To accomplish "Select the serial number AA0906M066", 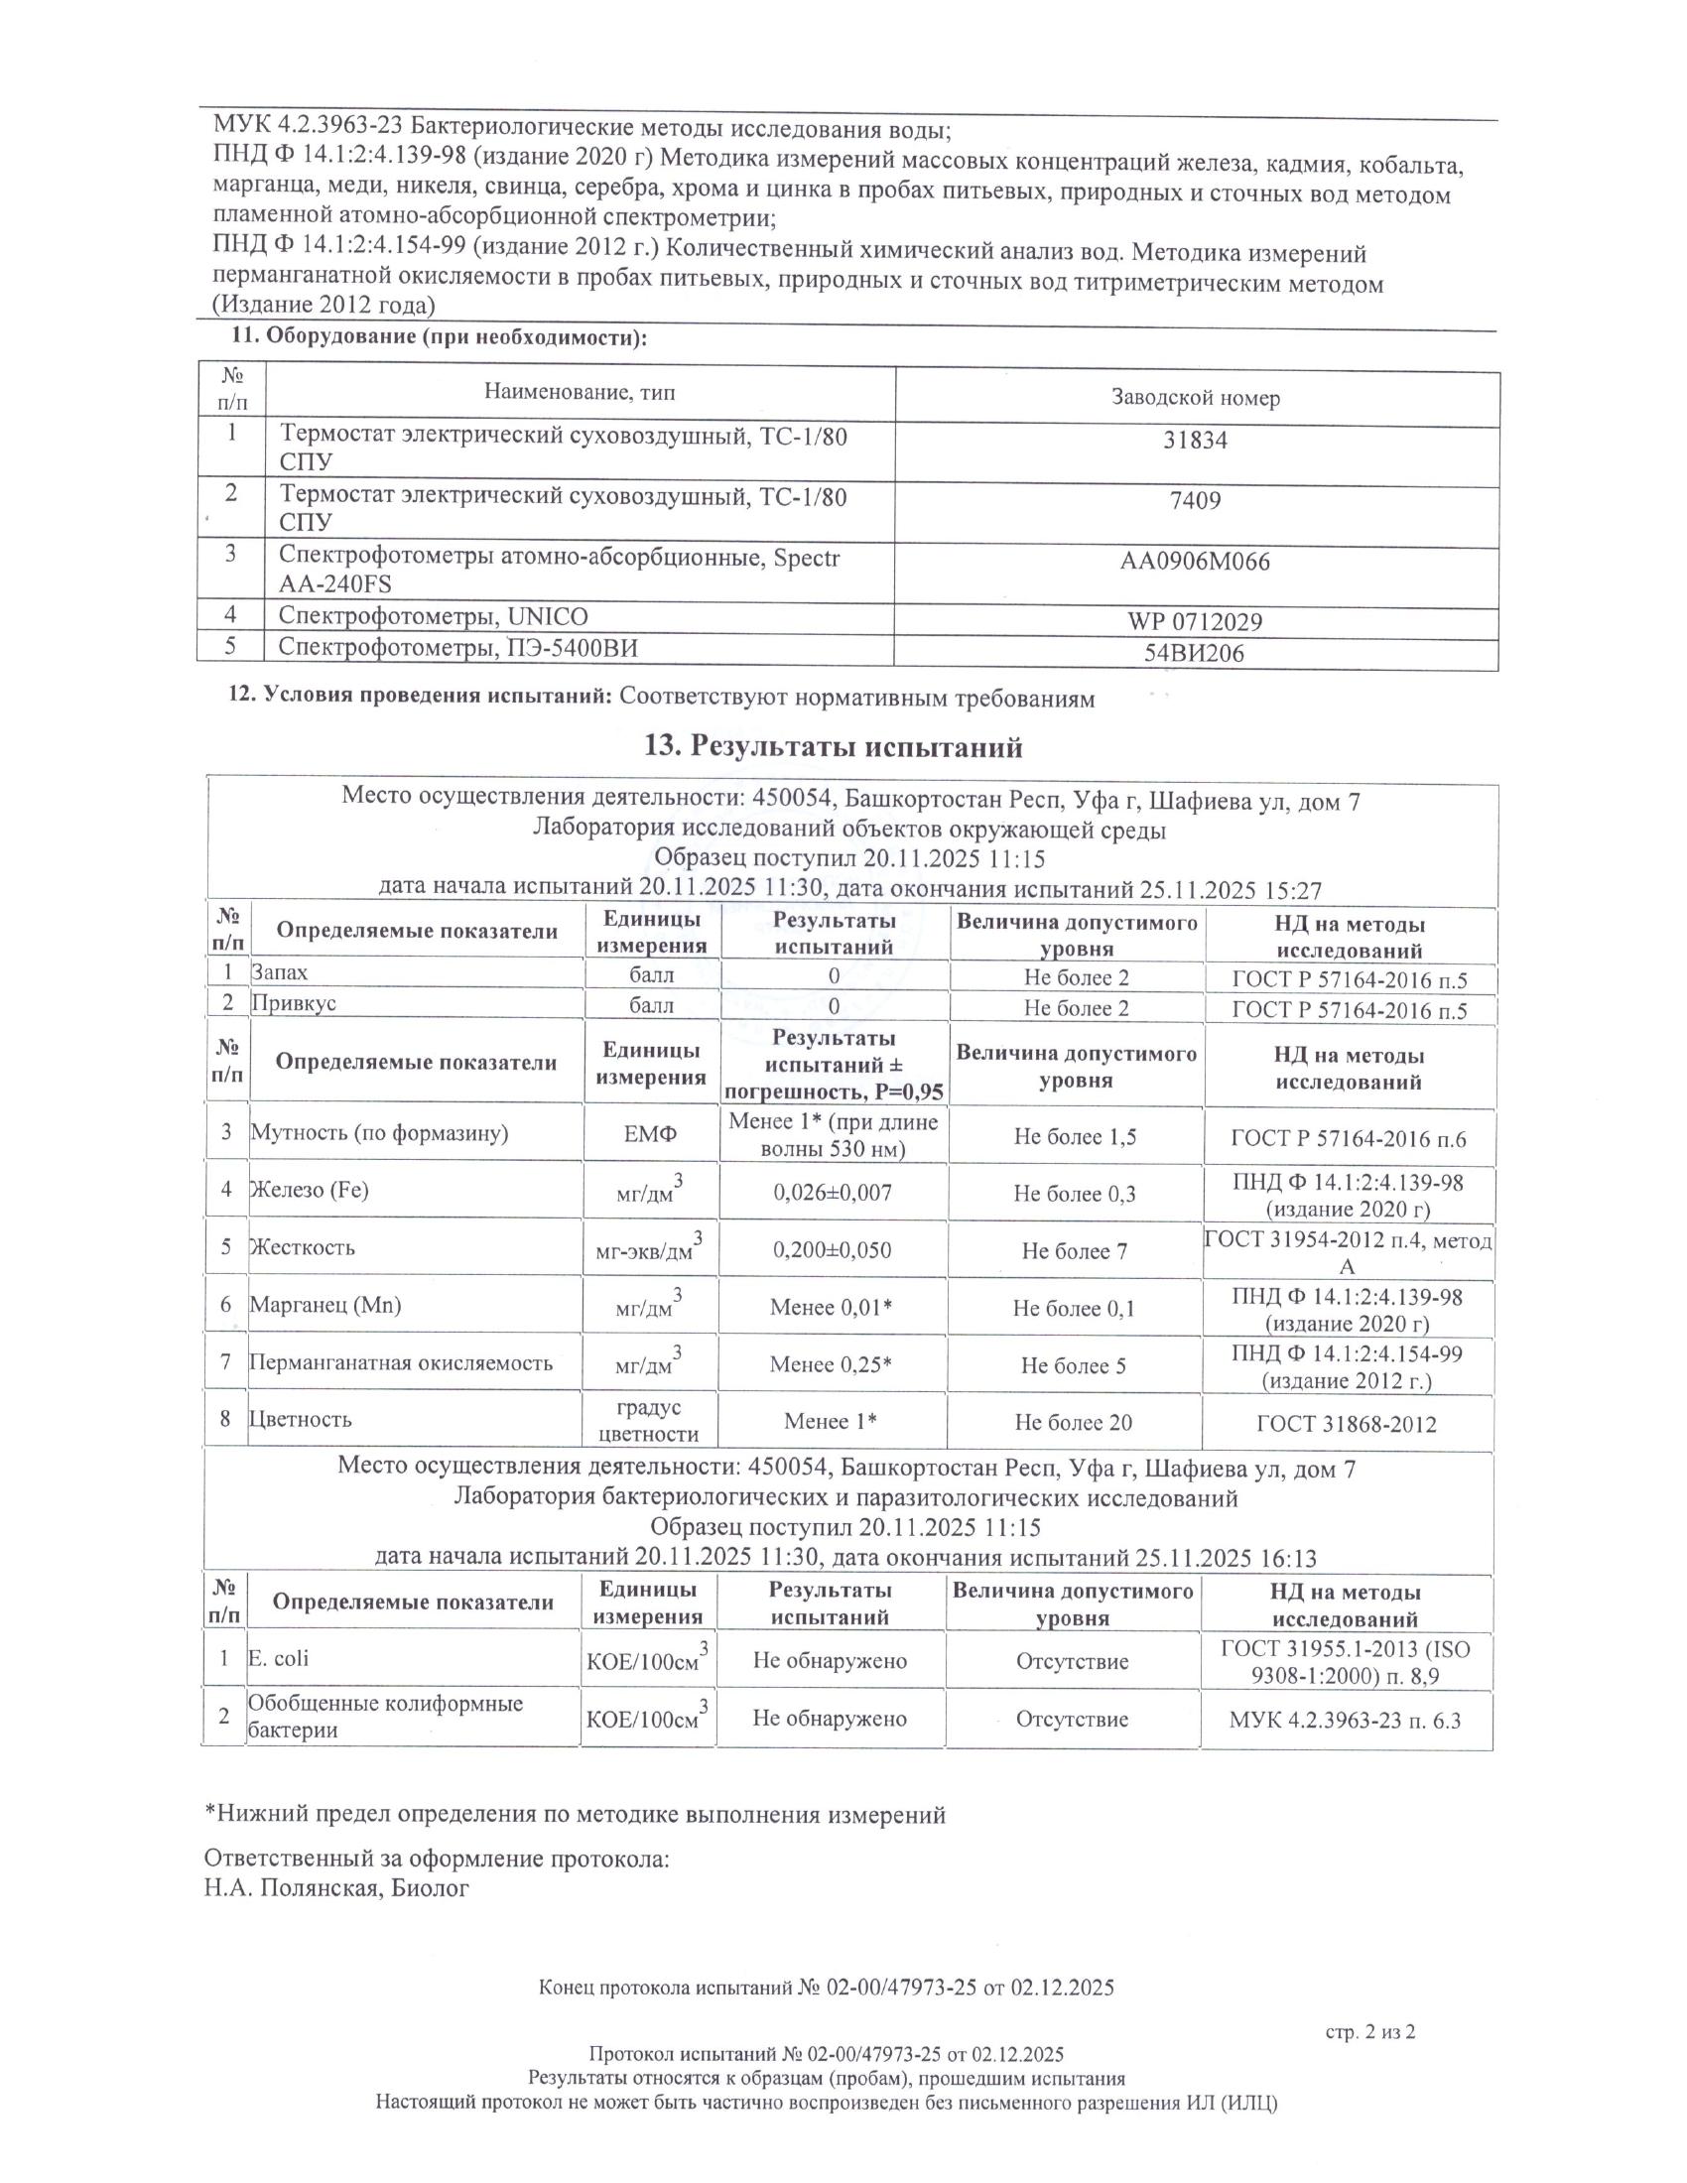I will click(1196, 562).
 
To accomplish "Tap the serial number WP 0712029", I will click(1196, 622).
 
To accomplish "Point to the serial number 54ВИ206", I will click(1196, 654).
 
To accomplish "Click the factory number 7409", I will click(1196, 500).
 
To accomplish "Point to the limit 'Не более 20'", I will click(1074, 1422).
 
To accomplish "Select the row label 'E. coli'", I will click(279, 1658).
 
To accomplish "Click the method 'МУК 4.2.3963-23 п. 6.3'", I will click(1346, 1720).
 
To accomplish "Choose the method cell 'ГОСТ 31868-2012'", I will click(1347, 1423).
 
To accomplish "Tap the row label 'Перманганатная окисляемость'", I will click(401, 1362).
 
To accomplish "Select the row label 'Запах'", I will click(280, 971).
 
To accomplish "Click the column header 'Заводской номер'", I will click(1196, 398).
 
